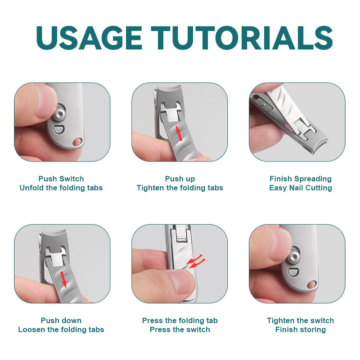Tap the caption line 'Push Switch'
(61, 179)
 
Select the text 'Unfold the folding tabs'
(61, 188)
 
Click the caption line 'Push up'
(180, 179)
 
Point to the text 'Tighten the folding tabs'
(180, 188)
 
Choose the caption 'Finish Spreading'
(301, 179)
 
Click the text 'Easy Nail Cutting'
(301, 188)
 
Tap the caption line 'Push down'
(61, 320)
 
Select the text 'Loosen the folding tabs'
(61, 329)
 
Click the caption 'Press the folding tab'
(180, 320)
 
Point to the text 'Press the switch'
(180, 329)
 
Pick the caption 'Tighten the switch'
(301, 320)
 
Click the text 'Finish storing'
(301, 329)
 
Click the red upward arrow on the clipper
(179, 133)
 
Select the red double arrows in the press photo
(196, 262)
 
